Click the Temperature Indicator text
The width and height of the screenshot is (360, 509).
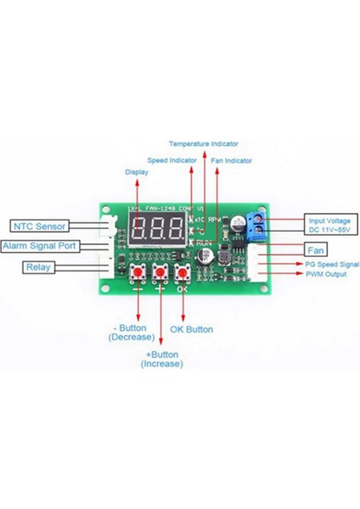click(x=203, y=143)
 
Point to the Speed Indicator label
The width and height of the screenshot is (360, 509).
click(x=173, y=159)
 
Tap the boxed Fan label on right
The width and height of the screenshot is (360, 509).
click(x=315, y=250)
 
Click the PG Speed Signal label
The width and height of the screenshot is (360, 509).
click(x=332, y=265)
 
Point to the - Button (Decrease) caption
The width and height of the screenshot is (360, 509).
click(x=131, y=333)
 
